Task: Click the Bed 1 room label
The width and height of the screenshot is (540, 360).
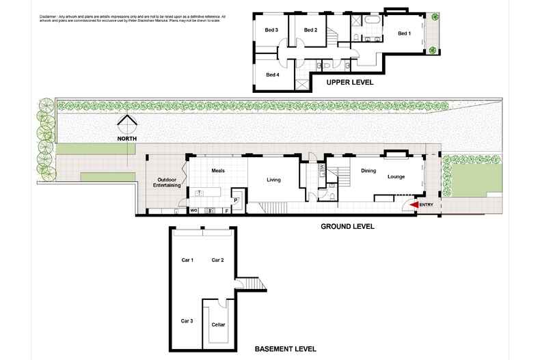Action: click(404, 33)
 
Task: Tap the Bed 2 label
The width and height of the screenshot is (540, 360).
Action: click(310, 30)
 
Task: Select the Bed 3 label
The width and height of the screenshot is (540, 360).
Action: click(271, 30)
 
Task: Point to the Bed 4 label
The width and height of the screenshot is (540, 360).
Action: click(272, 74)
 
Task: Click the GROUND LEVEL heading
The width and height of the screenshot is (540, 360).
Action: click(347, 226)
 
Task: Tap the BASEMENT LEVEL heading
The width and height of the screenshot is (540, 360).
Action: click(285, 348)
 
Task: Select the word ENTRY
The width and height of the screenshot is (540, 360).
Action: click(427, 204)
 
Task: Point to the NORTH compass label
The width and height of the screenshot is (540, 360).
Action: click(126, 139)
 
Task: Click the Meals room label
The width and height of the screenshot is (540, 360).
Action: click(218, 171)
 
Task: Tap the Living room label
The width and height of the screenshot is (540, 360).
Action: click(273, 180)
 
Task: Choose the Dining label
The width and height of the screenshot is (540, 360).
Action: click(368, 171)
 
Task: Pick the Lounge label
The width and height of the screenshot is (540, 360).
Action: click(396, 177)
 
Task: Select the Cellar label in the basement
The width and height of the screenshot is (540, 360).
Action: click(218, 325)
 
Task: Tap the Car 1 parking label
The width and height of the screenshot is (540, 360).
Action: click(187, 260)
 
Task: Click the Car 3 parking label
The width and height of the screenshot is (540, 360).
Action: click(187, 320)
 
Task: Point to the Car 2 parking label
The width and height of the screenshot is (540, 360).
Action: click(218, 260)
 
